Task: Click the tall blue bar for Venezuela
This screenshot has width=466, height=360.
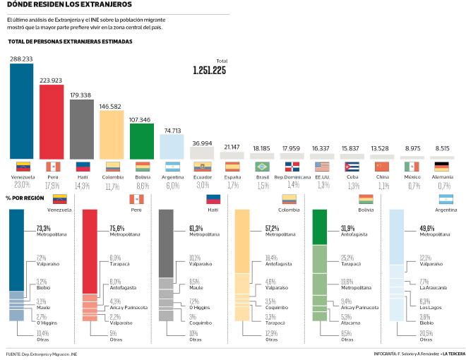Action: [x=23, y=113]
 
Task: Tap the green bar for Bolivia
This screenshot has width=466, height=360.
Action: [x=142, y=141]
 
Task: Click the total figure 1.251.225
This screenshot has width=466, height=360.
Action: [x=209, y=71]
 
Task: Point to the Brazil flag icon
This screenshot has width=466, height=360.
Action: [x=262, y=167]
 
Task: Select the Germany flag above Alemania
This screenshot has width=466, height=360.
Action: [x=443, y=167]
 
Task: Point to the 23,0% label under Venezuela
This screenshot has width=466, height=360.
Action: [x=23, y=185]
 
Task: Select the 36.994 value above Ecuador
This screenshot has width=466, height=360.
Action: [x=202, y=143]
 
